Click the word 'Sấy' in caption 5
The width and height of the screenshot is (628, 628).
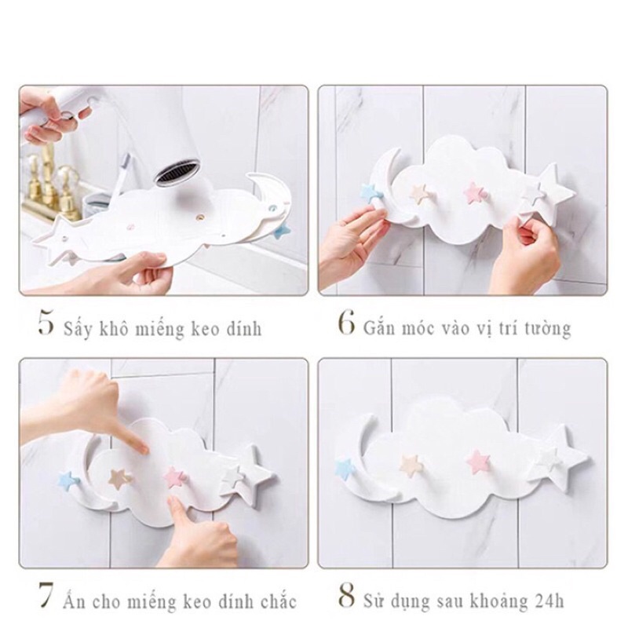(x=77, y=327)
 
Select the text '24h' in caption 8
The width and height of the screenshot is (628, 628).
(x=548, y=601)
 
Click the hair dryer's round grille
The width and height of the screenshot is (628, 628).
(x=177, y=171)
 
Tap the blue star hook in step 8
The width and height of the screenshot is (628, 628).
(x=345, y=469)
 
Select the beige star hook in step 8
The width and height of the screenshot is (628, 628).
(x=411, y=465)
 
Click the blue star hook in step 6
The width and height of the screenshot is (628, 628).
(x=371, y=191)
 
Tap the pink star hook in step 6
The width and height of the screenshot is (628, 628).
(x=473, y=192)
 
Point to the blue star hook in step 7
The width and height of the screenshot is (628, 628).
(x=68, y=480)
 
